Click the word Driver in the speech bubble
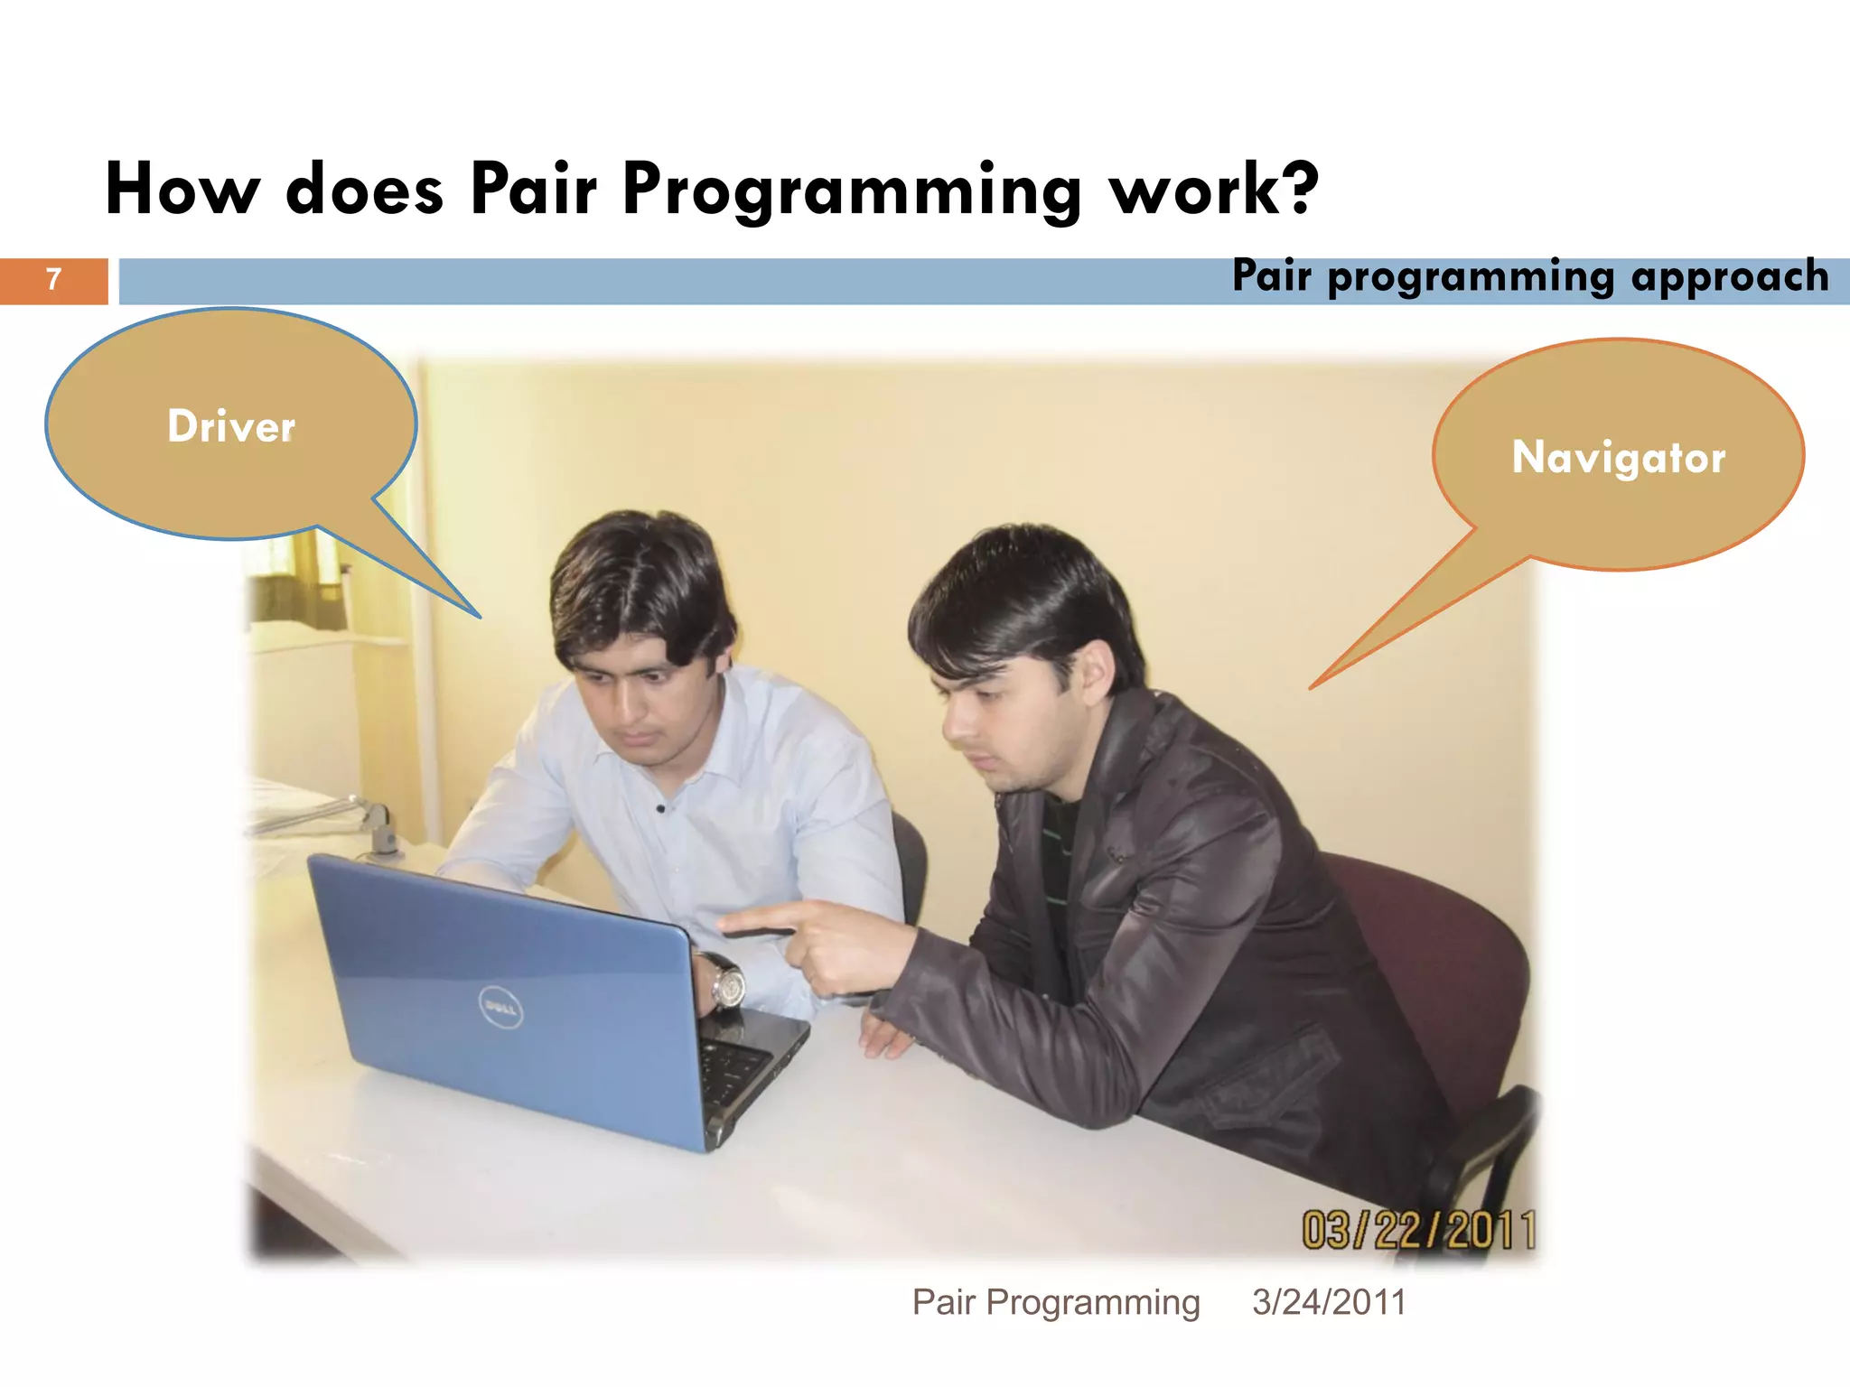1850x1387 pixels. [x=231, y=426]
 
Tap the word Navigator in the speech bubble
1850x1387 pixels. [x=1618, y=457]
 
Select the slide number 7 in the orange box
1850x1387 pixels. [x=54, y=280]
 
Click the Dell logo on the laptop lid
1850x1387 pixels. [x=500, y=1007]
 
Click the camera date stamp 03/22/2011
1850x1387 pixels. [x=1418, y=1230]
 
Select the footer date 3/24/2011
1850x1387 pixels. [x=1329, y=1302]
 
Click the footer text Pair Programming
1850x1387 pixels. [x=1056, y=1302]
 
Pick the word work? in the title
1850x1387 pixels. [x=1214, y=190]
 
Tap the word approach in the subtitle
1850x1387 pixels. [x=1730, y=276]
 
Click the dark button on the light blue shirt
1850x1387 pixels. [x=660, y=809]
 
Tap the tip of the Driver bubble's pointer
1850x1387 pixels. [x=479, y=617]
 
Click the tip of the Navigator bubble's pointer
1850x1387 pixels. [x=1312, y=688]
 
